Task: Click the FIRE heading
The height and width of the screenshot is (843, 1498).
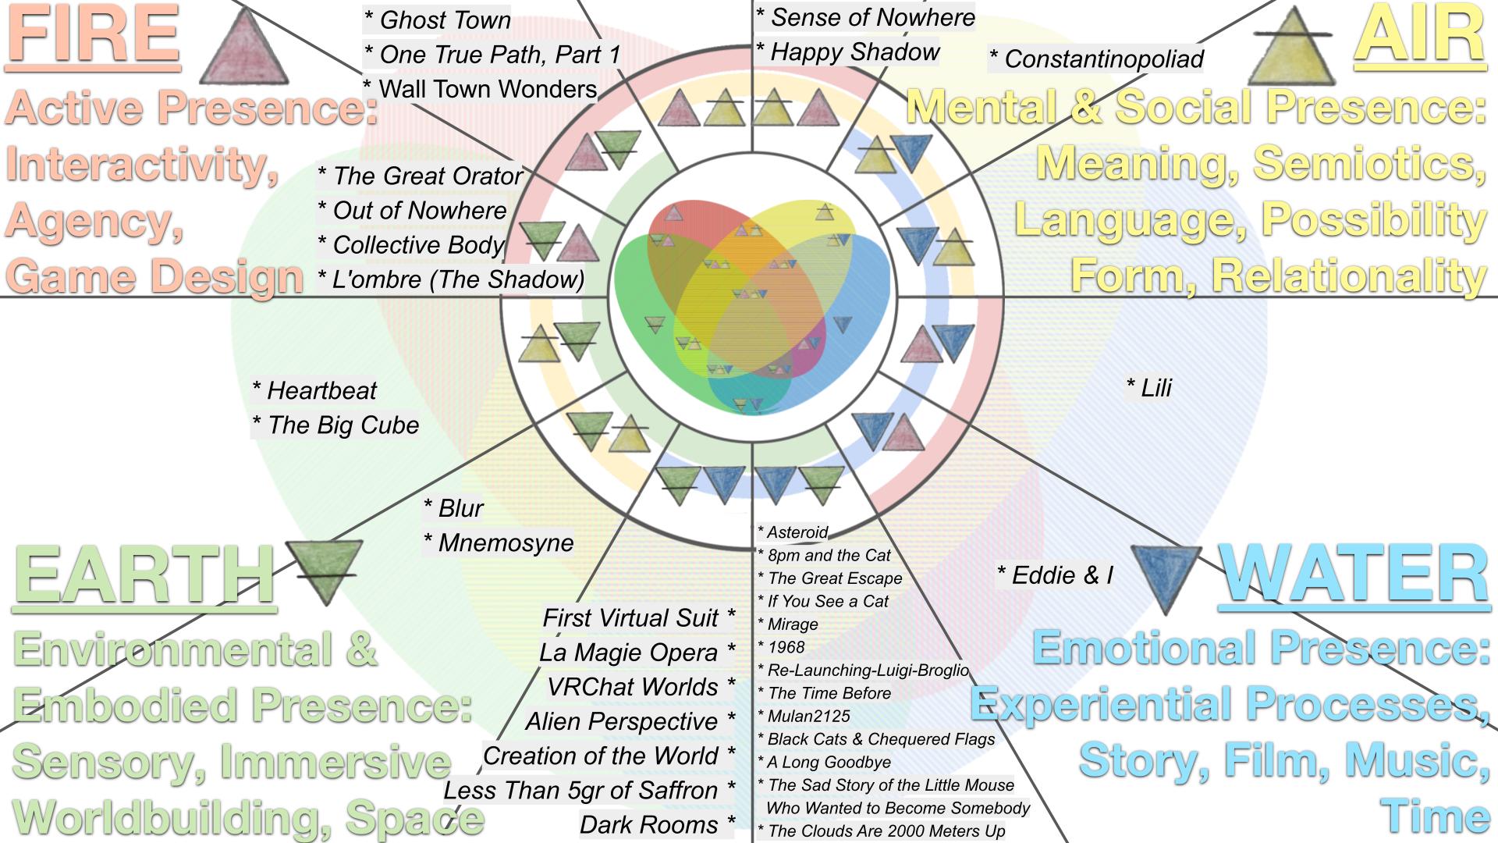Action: click(94, 36)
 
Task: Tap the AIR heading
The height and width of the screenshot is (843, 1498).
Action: click(1420, 36)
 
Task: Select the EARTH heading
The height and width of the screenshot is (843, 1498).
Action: click(145, 575)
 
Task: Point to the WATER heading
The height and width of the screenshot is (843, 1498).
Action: click(1354, 574)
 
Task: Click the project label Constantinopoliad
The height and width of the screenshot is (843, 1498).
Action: click(1096, 59)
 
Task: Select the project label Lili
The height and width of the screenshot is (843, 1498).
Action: click(1149, 388)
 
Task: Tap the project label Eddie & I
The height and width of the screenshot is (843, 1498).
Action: click(1056, 575)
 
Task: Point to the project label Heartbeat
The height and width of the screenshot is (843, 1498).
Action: click(314, 390)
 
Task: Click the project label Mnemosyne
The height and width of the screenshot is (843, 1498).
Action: click(499, 542)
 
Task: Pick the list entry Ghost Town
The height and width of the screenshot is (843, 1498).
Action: click(438, 20)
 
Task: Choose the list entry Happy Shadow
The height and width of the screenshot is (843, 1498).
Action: click(848, 52)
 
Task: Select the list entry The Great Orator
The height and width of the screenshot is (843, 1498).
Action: click(420, 176)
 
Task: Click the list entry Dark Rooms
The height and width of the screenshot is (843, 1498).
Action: click(657, 824)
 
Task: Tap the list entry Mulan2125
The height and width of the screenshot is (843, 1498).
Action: click(804, 716)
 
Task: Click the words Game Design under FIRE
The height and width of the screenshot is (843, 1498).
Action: click(154, 277)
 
